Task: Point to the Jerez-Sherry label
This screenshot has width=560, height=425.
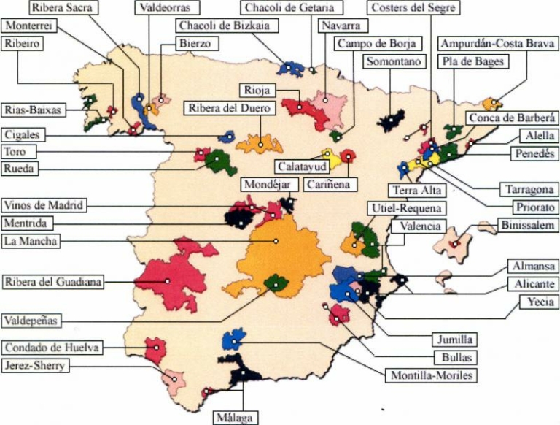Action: coord(36,367)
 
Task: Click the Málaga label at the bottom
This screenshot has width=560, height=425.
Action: coord(234,418)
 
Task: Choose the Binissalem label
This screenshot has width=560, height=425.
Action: coord(529,226)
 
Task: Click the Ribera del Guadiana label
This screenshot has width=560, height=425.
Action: coord(52,280)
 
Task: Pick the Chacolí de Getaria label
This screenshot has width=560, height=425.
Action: coord(289,8)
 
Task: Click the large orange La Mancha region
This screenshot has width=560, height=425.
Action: coord(288,252)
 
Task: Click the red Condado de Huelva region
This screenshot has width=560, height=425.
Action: coord(155,351)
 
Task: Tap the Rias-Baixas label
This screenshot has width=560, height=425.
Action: coord(33,110)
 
